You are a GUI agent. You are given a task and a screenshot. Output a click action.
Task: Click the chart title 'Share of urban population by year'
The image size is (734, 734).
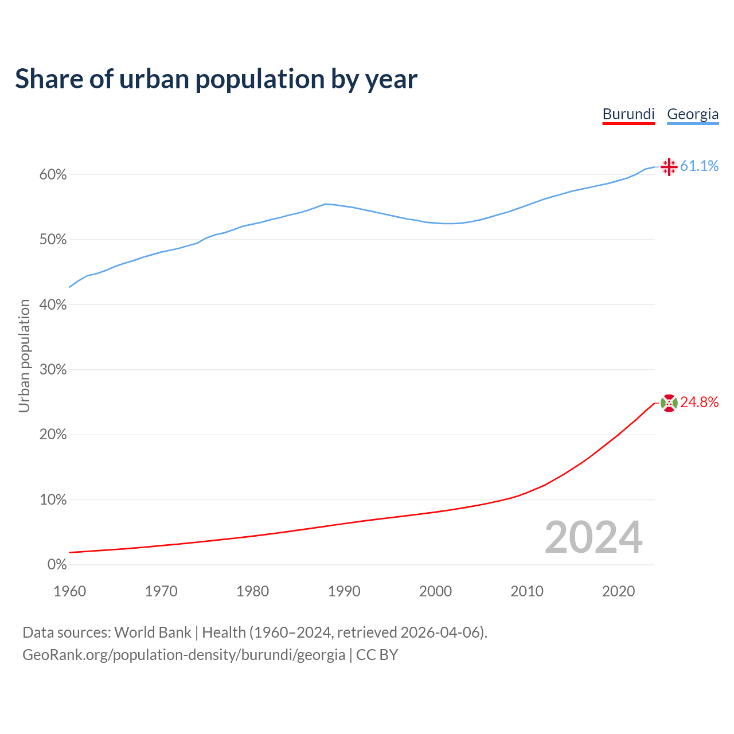(216, 79)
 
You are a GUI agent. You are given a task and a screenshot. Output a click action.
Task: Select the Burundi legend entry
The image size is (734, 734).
(628, 114)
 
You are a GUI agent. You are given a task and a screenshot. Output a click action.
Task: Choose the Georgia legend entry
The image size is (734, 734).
(693, 114)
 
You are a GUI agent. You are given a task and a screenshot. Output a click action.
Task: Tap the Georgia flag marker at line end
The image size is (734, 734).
(669, 167)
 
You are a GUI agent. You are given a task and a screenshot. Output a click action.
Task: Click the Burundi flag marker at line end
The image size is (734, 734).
(669, 403)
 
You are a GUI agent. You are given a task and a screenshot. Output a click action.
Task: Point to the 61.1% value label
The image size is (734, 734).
(699, 166)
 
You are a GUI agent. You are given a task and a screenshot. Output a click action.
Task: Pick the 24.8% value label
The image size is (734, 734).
(699, 403)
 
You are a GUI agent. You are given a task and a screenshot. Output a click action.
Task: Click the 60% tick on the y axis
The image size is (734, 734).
(53, 175)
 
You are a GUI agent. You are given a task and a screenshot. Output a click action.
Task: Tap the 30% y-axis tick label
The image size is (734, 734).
(53, 370)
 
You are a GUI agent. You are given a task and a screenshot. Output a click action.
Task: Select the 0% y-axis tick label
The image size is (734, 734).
(57, 565)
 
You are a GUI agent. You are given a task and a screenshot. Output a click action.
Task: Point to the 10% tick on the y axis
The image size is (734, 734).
(53, 500)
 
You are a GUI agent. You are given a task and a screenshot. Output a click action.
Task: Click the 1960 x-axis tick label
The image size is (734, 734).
(69, 591)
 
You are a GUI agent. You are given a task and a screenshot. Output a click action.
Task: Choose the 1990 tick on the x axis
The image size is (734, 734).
(344, 591)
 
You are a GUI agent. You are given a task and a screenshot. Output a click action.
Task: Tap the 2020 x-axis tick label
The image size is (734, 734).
(618, 591)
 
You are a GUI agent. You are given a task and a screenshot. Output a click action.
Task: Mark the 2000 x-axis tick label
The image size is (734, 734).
(435, 591)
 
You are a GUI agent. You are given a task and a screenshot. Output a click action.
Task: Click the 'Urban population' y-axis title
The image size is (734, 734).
(24, 356)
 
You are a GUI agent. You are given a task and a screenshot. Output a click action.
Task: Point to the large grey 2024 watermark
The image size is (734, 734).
(594, 537)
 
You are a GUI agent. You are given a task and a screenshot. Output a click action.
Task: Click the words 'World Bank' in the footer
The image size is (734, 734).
(153, 633)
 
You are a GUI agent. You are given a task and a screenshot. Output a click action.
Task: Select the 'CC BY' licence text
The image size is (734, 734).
(377, 655)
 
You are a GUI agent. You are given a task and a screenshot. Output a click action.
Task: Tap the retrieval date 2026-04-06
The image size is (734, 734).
(442, 633)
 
